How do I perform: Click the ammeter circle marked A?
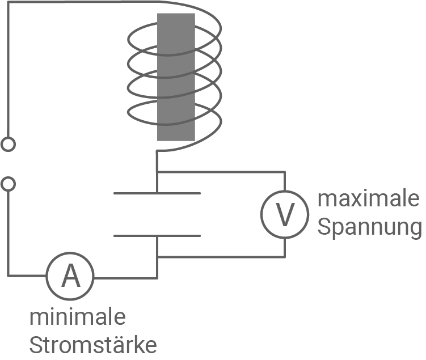(70, 277)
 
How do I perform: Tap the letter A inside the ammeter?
(70, 277)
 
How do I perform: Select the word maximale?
(368, 200)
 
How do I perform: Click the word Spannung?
(369, 227)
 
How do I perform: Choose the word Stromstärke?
(93, 344)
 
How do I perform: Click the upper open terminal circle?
(8, 145)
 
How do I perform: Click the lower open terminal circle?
(8, 184)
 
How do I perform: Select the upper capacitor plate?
(157, 194)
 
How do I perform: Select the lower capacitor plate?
(157, 235)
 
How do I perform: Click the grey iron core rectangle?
(176, 77)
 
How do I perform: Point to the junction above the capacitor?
(157, 171)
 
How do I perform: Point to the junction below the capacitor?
(157, 257)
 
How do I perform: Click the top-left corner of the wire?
(8, 2)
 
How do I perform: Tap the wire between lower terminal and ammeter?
(8, 238)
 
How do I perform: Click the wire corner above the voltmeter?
(284, 171)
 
